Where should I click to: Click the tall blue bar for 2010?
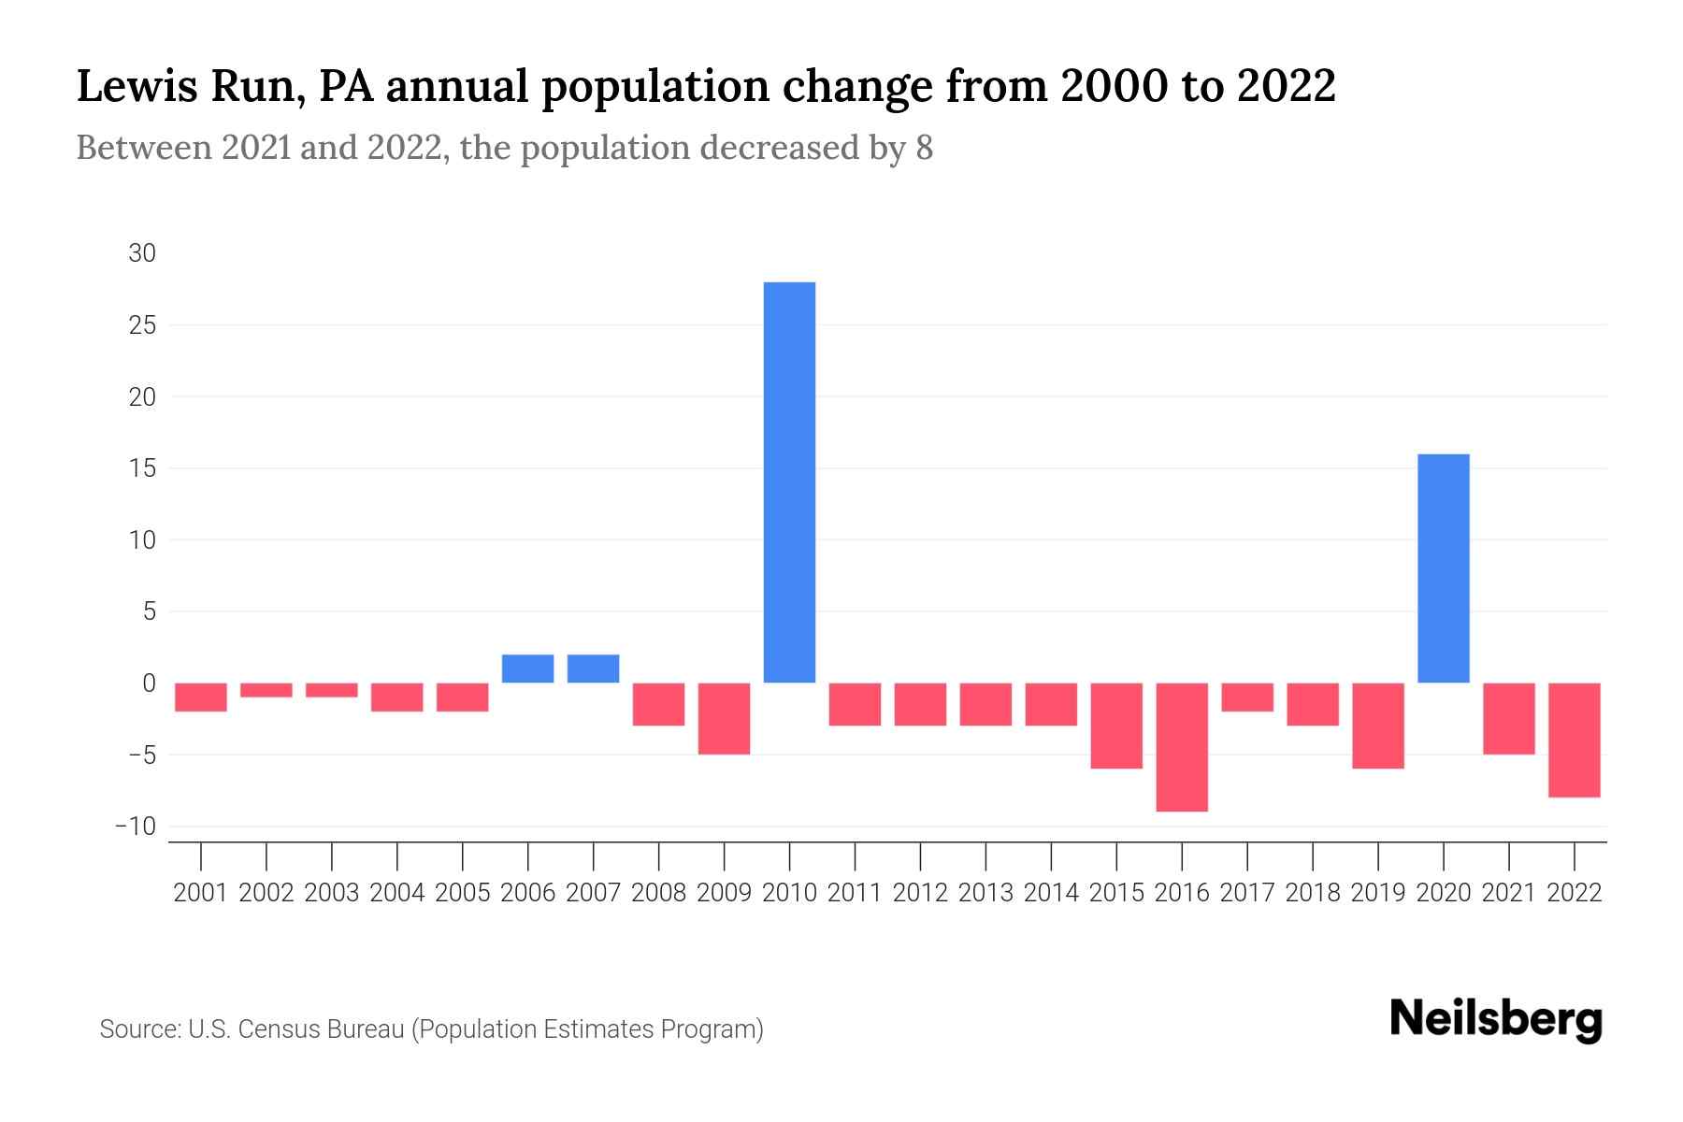[x=789, y=482]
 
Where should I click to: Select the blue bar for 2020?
[x=1443, y=568]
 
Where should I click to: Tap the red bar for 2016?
[x=1182, y=747]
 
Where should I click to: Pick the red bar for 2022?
[x=1574, y=740]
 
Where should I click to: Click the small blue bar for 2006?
[x=527, y=669]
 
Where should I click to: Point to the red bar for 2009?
[x=724, y=718]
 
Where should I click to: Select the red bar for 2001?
[x=201, y=698]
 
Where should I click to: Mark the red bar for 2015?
[x=1116, y=726]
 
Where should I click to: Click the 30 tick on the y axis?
[x=142, y=253]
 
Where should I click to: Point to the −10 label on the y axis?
[x=136, y=827]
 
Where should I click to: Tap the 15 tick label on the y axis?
[x=142, y=468]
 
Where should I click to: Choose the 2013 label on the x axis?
[x=985, y=893]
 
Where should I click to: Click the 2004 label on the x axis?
[x=397, y=893]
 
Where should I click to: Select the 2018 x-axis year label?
[x=1313, y=893]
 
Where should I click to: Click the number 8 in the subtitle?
[x=924, y=148]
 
